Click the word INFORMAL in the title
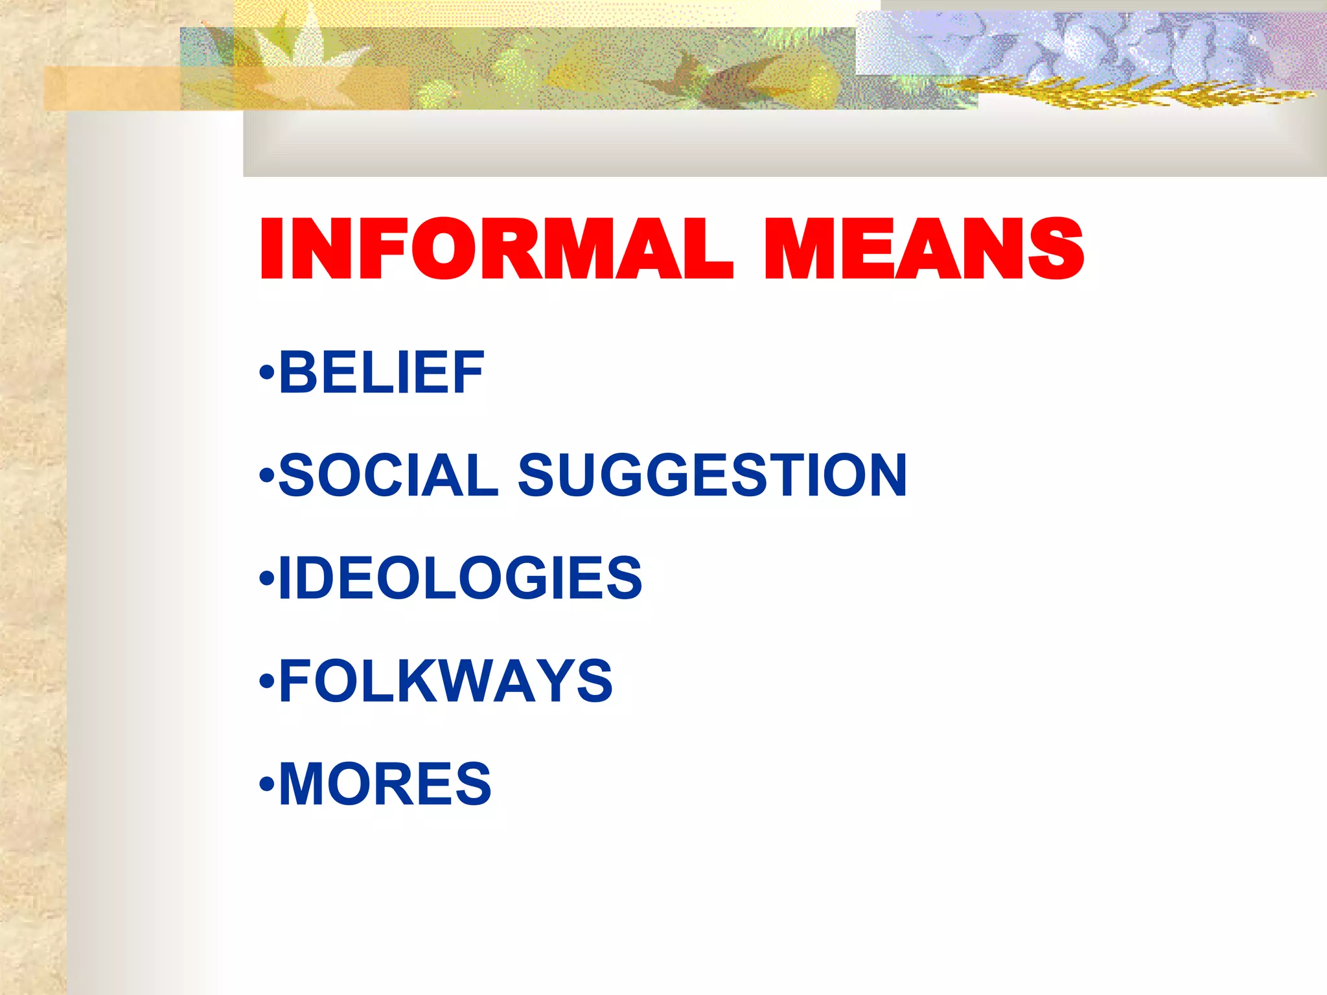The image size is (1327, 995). pyautogui.click(x=496, y=249)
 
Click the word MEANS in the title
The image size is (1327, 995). pyautogui.click(x=924, y=249)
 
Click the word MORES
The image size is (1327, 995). pyautogui.click(x=385, y=783)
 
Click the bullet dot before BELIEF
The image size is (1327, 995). pyautogui.click(x=266, y=374)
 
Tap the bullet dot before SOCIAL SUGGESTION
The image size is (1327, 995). pyautogui.click(x=266, y=477)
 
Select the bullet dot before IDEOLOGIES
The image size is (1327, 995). pyautogui.click(x=266, y=579)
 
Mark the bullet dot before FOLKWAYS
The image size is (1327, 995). pyautogui.click(x=266, y=682)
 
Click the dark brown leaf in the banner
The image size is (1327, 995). pyautogui.click(x=706, y=78)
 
